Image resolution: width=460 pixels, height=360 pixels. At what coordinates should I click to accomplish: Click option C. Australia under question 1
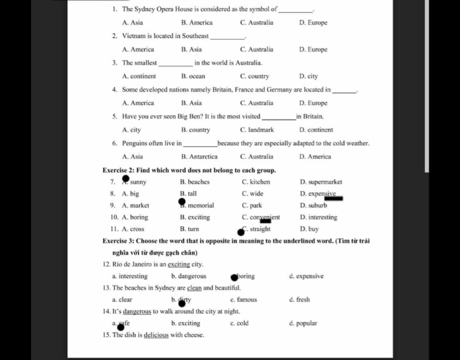(257, 22)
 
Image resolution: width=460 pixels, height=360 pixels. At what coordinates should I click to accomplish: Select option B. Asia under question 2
(191, 49)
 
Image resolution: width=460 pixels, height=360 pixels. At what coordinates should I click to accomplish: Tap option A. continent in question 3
(139, 76)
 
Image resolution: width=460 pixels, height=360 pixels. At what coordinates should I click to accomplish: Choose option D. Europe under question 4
(313, 103)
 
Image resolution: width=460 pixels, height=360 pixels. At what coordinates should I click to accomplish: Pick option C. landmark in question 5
(257, 130)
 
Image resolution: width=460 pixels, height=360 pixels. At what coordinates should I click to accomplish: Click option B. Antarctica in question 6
(199, 157)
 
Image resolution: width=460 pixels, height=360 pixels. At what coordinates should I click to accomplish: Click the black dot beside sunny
(126, 180)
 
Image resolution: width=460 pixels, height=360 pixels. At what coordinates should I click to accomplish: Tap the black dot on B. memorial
(182, 202)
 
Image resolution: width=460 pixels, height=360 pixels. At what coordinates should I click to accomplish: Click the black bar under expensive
(334, 198)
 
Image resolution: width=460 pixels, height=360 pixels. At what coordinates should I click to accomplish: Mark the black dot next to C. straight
(241, 232)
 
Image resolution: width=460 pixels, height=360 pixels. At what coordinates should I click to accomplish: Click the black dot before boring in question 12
(234, 277)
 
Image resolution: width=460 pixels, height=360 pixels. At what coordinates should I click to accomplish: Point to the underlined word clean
(194, 288)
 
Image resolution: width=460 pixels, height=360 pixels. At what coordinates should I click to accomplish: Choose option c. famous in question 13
(243, 299)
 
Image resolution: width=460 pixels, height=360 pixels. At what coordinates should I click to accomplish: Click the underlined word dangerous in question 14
(137, 311)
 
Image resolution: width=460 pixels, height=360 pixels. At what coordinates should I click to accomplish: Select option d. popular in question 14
(303, 323)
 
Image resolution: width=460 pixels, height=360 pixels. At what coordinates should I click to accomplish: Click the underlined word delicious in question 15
(156, 335)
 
